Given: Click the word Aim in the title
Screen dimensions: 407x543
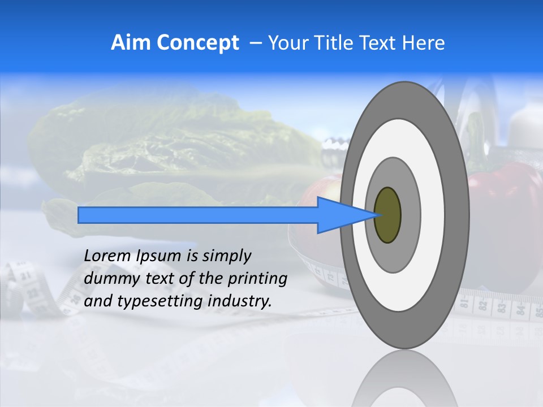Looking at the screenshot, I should click(131, 42).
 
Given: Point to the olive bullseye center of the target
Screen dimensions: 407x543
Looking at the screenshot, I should click(388, 215).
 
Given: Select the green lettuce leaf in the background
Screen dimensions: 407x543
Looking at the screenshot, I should click(170, 147).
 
